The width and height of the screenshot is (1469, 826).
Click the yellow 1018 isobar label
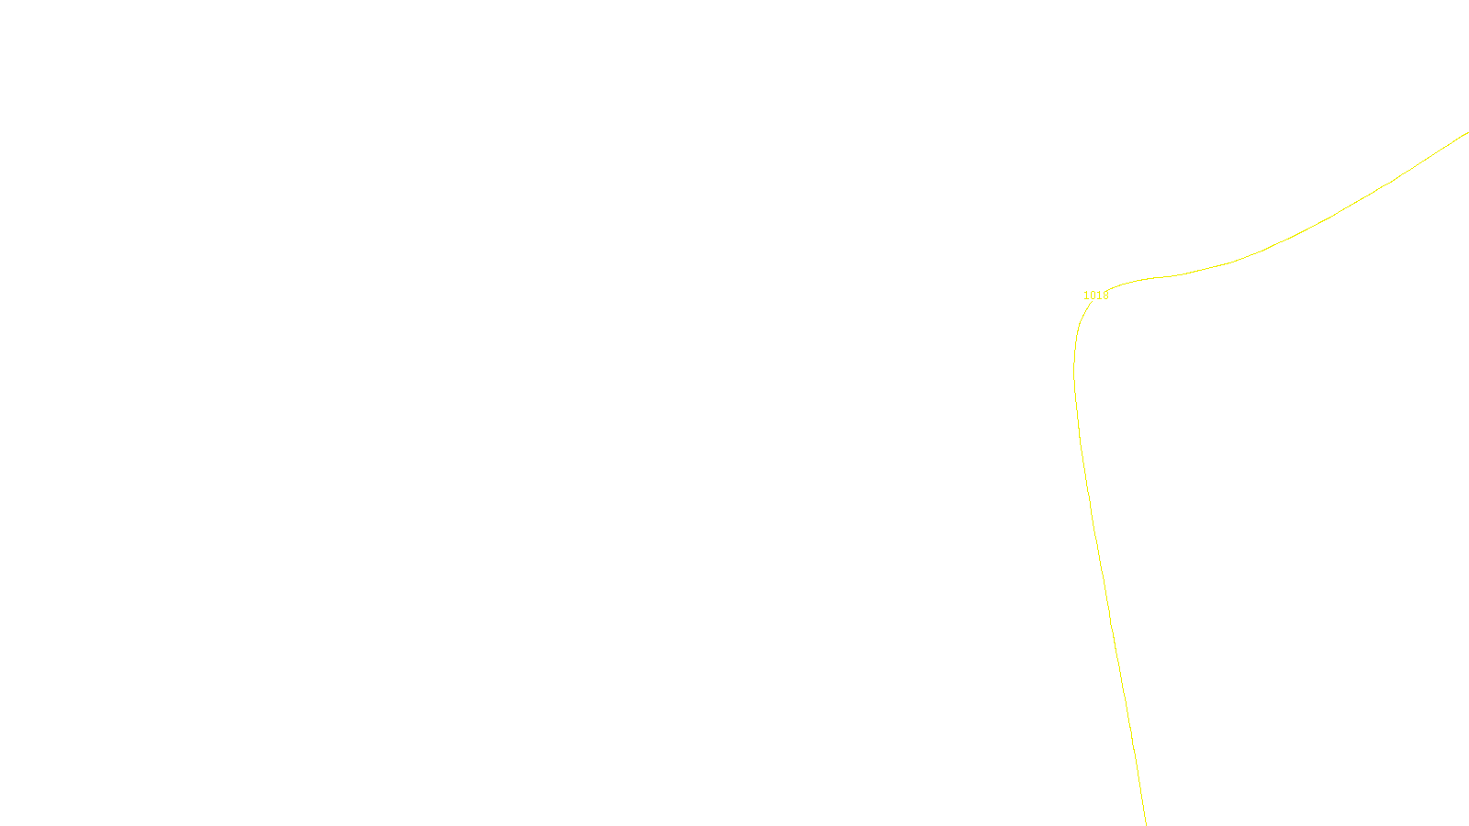(1095, 296)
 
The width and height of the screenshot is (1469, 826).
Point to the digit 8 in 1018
(1105, 296)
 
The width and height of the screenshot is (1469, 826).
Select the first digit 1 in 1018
(1086, 296)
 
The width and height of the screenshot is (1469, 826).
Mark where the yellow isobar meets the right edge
(1467, 133)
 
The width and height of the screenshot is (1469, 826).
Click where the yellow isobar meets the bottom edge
(1146, 823)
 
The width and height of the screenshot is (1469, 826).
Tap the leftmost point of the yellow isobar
(1074, 372)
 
